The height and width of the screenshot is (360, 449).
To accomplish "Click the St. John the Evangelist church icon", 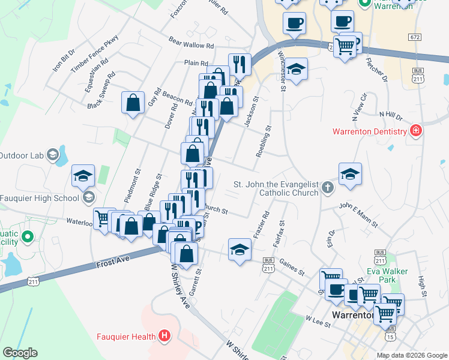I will pos(328,188).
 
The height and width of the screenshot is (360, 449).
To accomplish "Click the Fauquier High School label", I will pos(40,197).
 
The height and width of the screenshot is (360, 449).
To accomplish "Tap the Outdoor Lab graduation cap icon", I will pos(54,155).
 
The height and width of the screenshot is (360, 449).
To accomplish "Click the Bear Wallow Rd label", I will pos(191,44).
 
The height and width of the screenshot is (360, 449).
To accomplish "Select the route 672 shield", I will pos(415,37).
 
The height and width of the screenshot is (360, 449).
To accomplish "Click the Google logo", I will pos(20,353).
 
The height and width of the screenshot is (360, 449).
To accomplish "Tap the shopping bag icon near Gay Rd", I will pos(133,102).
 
